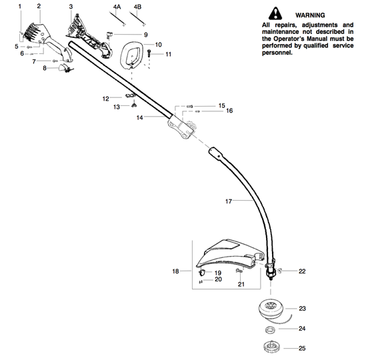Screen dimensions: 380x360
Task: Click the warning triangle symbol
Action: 275,13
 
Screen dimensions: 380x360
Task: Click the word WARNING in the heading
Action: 310,15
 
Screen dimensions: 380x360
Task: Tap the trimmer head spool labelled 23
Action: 272,308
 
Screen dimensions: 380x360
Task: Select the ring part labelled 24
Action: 270,330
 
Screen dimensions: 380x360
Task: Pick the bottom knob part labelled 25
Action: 271,347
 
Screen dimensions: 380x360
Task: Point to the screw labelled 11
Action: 149,53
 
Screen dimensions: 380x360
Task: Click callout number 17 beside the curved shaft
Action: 228,201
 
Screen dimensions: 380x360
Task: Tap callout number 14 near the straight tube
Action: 139,117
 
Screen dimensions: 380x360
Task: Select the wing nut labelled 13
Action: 134,105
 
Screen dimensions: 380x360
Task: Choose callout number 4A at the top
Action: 117,7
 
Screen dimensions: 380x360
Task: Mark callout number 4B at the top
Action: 137,7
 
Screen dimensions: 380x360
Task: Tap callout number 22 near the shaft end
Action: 302,271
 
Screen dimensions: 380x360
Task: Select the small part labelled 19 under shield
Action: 202,273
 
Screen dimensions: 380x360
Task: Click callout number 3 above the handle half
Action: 71,7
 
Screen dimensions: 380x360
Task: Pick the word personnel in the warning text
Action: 277,53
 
